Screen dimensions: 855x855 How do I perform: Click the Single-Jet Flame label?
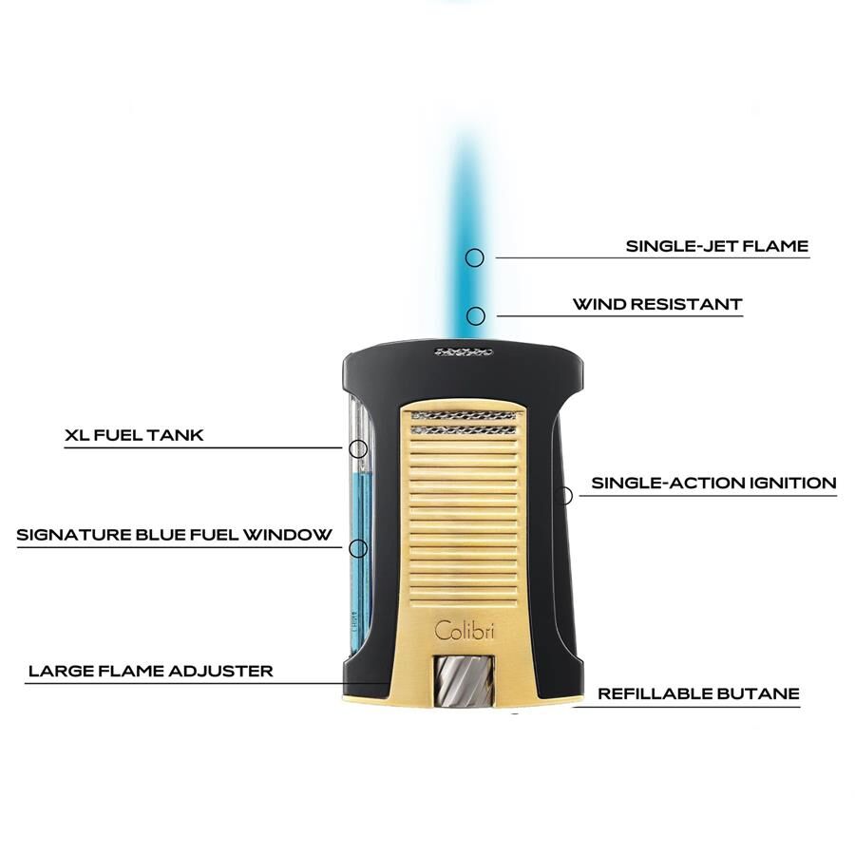(x=716, y=246)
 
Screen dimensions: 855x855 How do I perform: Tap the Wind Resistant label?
(x=657, y=304)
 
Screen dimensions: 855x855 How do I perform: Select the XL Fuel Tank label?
(x=134, y=435)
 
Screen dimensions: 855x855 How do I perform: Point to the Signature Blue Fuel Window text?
(x=174, y=534)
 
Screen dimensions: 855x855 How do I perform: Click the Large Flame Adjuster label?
(x=150, y=671)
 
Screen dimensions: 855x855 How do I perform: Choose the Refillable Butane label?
(x=698, y=693)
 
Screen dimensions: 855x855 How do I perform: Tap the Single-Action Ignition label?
(x=713, y=484)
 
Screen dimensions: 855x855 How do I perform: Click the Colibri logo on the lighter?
(x=464, y=631)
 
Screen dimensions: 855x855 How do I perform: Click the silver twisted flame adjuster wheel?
(x=464, y=681)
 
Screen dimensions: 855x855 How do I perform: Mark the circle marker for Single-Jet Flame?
(x=474, y=257)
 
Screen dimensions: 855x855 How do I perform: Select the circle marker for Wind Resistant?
(x=476, y=315)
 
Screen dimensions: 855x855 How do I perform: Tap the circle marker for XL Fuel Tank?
(x=358, y=448)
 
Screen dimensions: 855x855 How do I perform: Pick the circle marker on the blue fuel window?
(x=358, y=548)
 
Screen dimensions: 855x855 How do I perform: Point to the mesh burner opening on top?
(x=464, y=352)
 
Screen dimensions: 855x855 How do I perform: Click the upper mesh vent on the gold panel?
(x=464, y=416)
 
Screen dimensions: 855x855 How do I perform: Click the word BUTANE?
(x=758, y=693)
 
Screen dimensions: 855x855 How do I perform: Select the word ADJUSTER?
(x=220, y=671)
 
